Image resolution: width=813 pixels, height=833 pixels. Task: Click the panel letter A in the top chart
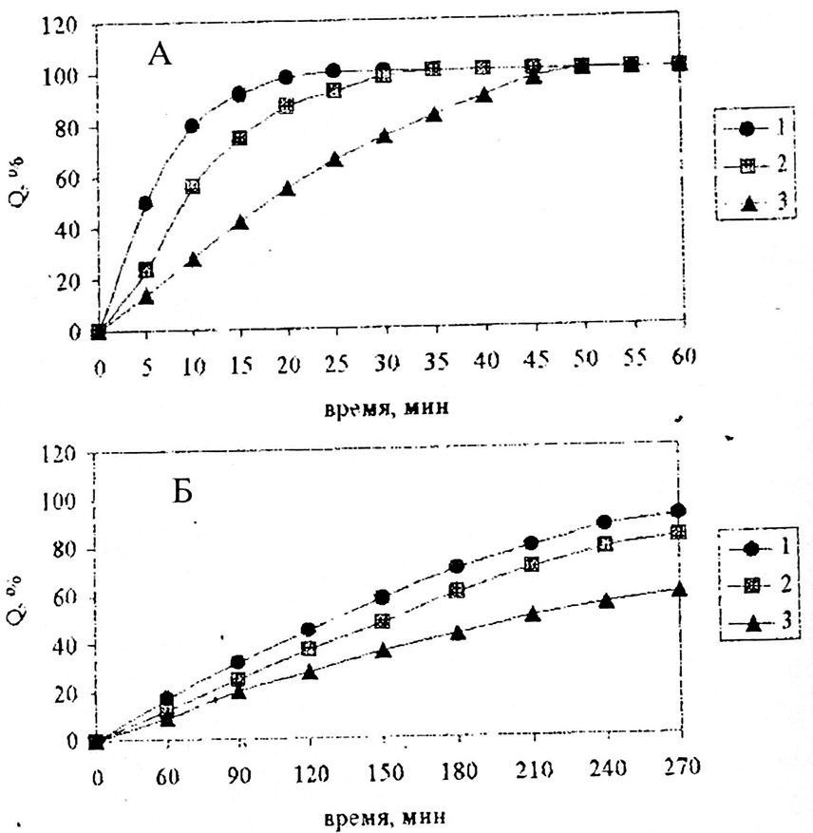[160, 55]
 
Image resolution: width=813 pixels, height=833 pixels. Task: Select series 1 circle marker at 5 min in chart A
[145, 203]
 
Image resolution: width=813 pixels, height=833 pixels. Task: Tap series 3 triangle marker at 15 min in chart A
[239, 222]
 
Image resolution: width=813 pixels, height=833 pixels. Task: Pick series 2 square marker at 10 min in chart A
[192, 186]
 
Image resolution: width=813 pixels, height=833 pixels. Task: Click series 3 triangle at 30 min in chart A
[384, 136]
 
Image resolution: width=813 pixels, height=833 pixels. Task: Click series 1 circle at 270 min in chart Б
[678, 510]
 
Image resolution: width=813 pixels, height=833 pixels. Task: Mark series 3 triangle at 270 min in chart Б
[678, 589]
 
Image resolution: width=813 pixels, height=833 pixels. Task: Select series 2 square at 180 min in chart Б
[457, 590]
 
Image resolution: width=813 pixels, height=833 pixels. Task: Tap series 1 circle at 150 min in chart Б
[382, 596]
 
